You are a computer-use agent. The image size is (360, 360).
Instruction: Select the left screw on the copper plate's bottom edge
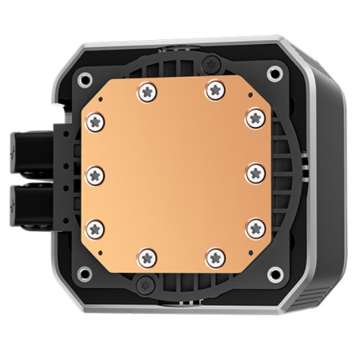(146, 256)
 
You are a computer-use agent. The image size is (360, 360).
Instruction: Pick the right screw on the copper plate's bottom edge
(216, 256)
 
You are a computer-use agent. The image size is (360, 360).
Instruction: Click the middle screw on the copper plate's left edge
(93, 174)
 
